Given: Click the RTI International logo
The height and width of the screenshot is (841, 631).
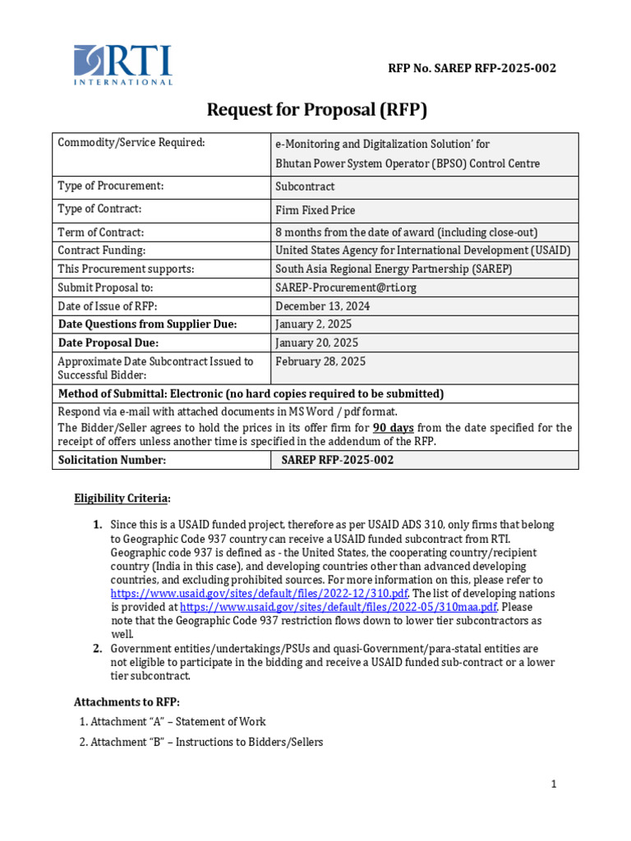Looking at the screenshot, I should pyautogui.click(x=123, y=65).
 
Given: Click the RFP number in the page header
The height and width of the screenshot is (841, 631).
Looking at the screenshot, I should pyautogui.click(x=472, y=68).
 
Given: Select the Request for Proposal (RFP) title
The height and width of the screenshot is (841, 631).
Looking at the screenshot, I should pyautogui.click(x=316, y=110).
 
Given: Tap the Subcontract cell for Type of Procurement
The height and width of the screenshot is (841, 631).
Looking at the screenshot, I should pyautogui.click(x=303, y=186).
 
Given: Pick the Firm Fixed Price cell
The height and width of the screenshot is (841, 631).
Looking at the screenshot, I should pyautogui.click(x=315, y=210).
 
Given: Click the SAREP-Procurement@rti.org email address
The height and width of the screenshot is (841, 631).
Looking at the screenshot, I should pyautogui.click(x=346, y=287).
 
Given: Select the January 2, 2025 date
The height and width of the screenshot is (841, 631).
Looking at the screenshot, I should pyautogui.click(x=313, y=324).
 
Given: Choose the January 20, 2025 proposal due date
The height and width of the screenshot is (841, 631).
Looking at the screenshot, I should pyautogui.click(x=316, y=342).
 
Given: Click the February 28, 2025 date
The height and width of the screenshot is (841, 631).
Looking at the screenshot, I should pyautogui.click(x=320, y=361).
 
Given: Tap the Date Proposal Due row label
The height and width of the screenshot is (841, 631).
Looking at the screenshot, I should pyautogui.click(x=108, y=342).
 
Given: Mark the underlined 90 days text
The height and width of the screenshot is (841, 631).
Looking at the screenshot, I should pyautogui.click(x=393, y=428).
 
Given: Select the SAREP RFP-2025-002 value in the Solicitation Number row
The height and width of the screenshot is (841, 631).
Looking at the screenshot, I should pyautogui.click(x=337, y=460).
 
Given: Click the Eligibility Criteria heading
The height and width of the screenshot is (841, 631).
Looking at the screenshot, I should pyautogui.click(x=122, y=499).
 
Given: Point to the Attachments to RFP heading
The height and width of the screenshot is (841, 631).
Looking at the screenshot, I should pyautogui.click(x=127, y=701).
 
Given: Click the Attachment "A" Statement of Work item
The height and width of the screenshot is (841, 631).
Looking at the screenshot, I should pyautogui.click(x=178, y=722).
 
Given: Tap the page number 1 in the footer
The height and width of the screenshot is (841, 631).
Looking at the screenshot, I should pyautogui.click(x=554, y=784).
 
